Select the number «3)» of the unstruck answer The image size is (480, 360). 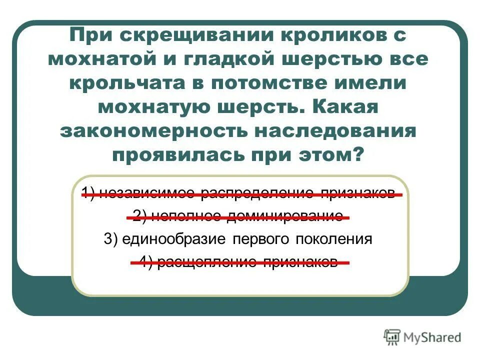click(110, 239)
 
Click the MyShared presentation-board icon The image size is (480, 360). click(392, 338)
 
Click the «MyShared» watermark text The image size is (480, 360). click(432, 338)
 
